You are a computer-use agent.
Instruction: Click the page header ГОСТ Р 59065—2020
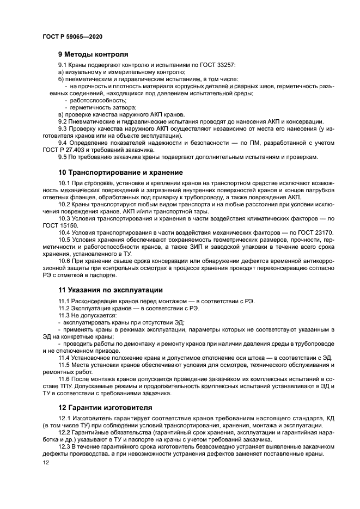click(72, 36)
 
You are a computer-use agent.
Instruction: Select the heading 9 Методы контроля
click(93, 54)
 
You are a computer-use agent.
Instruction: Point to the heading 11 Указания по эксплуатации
click(111, 290)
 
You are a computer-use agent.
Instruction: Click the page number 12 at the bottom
click(46, 462)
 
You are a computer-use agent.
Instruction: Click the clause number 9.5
click(62, 157)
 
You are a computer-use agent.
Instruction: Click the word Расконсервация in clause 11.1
click(94, 301)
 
